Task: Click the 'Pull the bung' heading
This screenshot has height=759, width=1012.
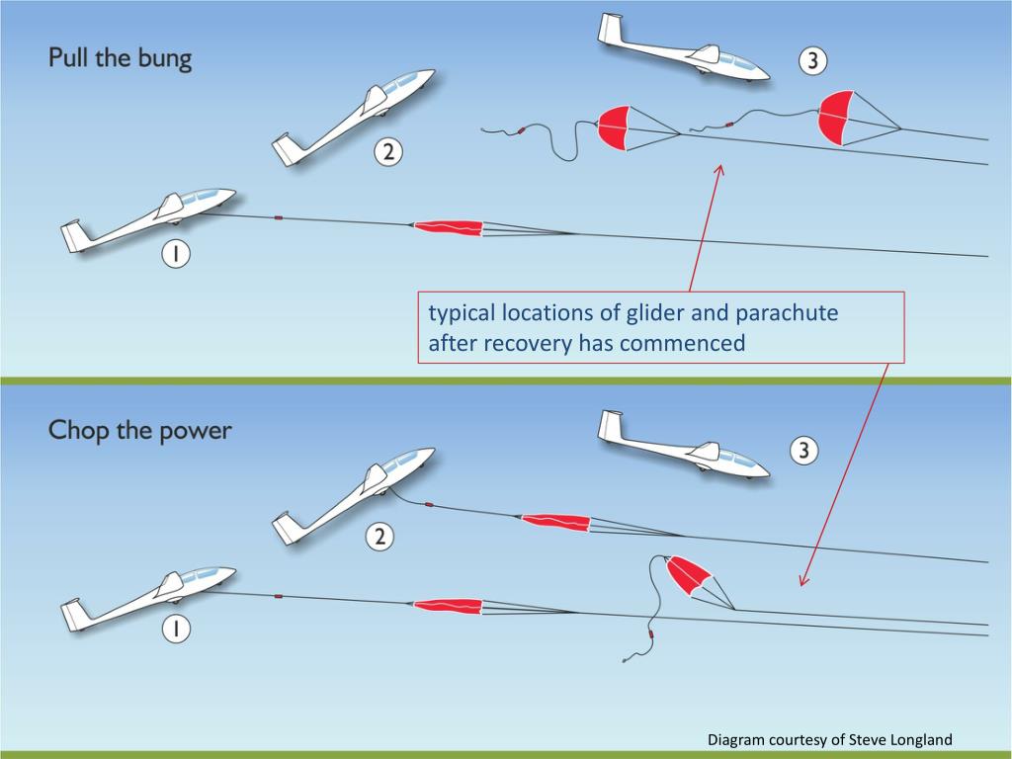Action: pos(121,58)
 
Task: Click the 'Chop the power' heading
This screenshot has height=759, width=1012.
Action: pos(139,431)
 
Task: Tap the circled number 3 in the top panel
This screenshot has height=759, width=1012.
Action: pos(811,61)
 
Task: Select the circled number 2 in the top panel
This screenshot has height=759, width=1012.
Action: pos(388,152)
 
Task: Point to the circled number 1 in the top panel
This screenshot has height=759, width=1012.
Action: pos(175,255)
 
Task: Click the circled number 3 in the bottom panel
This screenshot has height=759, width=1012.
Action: pos(802,452)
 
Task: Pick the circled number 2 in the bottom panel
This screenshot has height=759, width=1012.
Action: pos(379,538)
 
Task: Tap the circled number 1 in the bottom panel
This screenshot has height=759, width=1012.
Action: pos(175,629)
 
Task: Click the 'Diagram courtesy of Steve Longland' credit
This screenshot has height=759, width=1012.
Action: pos(830,739)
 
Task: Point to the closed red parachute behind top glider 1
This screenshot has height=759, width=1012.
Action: pos(448,227)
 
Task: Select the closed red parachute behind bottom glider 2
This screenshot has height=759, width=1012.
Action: pos(555,521)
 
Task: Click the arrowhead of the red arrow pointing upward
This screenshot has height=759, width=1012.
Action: pos(718,171)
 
